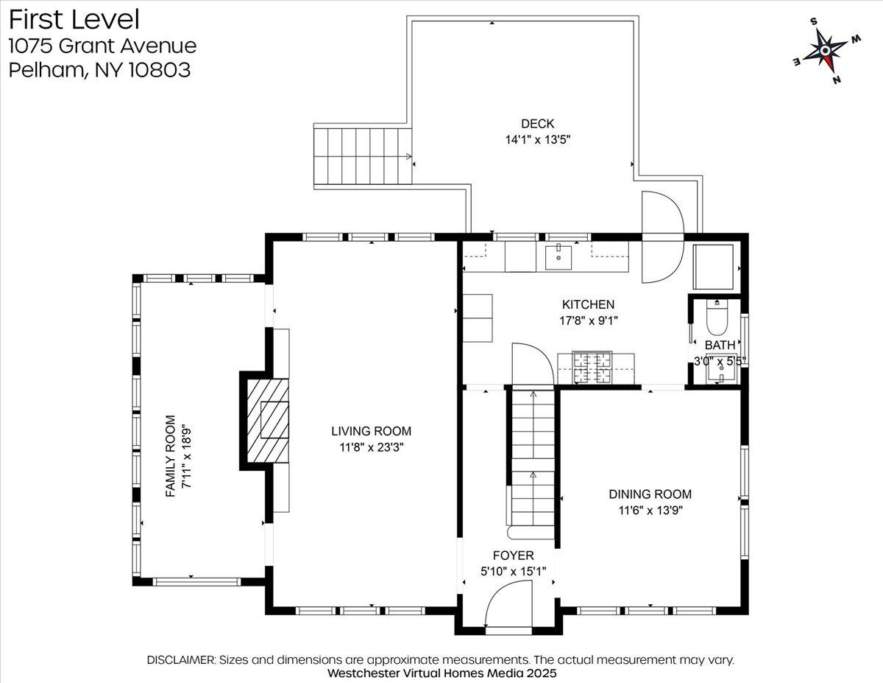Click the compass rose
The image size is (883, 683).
tap(826, 50)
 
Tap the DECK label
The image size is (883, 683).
tap(537, 124)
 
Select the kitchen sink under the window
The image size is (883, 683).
tap(558, 257)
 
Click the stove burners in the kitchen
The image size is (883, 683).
tap(592, 368)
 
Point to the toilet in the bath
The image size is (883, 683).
tap(718, 318)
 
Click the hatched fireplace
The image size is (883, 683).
tap(268, 420)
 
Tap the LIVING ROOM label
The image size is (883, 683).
tap(371, 431)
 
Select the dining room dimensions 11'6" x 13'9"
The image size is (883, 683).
tap(650, 511)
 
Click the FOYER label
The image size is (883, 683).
tap(513, 556)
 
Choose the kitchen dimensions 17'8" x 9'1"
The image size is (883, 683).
tap(589, 321)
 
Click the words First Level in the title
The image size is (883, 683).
tap(74, 20)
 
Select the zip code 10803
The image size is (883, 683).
tap(159, 70)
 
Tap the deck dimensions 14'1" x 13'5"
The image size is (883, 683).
tap(538, 140)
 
